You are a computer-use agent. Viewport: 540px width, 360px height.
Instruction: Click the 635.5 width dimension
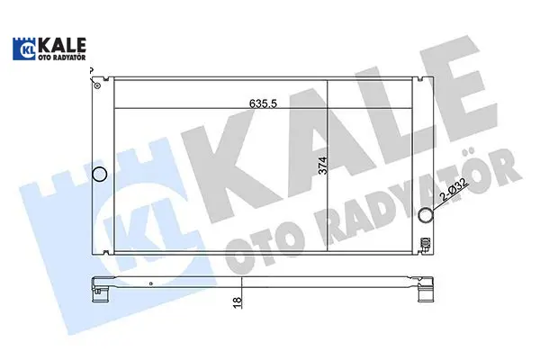coord(263,103)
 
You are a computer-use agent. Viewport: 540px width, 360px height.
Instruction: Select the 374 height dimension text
coord(323,166)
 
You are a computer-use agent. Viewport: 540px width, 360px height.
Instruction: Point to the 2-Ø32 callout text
coord(454,190)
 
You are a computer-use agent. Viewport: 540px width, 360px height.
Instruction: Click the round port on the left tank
coord(100,174)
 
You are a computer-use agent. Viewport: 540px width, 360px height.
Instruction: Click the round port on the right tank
coord(426,215)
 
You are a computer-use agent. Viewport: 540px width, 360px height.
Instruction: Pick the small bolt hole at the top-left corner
coord(97,85)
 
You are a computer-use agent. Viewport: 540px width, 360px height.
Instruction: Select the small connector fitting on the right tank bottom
coord(426,244)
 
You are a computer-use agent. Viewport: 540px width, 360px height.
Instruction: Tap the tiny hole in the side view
coord(151,283)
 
